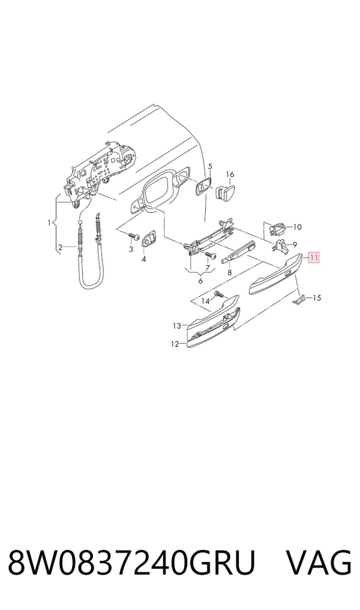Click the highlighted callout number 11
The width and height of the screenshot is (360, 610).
(314, 257)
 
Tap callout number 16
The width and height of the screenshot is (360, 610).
(230, 175)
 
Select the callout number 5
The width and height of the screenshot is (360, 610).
(210, 166)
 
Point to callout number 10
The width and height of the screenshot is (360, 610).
(298, 227)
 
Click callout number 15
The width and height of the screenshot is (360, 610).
(317, 298)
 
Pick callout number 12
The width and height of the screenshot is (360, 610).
(175, 344)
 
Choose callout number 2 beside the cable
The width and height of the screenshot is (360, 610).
(61, 247)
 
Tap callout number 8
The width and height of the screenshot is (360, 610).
(230, 273)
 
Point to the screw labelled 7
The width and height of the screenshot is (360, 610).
(211, 255)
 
